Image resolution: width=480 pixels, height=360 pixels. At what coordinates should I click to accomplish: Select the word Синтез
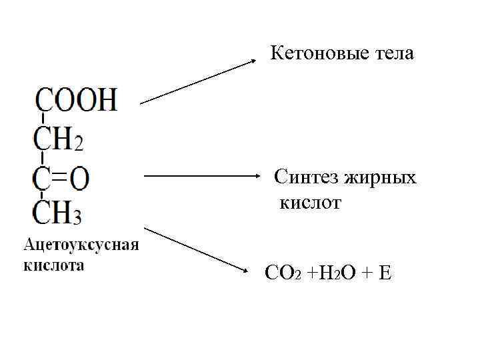(x=307, y=177)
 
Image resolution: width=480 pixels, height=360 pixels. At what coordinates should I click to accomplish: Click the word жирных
(x=381, y=178)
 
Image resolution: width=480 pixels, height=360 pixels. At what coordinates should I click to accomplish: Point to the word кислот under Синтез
(x=310, y=203)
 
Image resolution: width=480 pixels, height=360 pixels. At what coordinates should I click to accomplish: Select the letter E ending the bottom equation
(x=384, y=273)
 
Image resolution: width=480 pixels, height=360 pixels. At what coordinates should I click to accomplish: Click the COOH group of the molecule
(x=76, y=101)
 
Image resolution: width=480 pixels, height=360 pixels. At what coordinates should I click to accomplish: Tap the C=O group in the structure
(x=62, y=179)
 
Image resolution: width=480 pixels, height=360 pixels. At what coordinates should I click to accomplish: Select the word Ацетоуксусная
(x=81, y=245)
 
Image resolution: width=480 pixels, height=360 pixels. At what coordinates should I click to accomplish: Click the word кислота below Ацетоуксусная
(x=54, y=265)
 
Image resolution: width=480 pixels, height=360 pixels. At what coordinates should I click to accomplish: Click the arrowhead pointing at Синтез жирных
(x=262, y=177)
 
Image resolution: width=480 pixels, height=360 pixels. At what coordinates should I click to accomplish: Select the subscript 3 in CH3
(x=78, y=217)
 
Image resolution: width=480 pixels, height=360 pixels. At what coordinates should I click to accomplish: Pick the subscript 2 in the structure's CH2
(x=78, y=143)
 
